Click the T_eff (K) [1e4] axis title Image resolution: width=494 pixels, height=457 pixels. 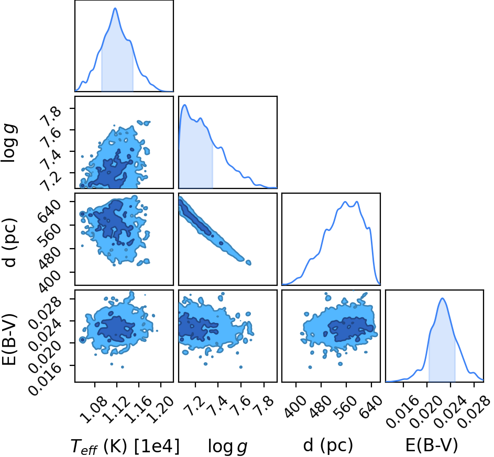[125, 447]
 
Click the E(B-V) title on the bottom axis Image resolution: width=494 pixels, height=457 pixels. [431, 445]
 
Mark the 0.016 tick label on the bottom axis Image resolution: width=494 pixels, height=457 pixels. [400, 410]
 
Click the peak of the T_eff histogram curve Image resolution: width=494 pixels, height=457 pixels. [115, 8]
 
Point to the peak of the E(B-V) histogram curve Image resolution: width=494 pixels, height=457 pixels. [442, 298]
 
